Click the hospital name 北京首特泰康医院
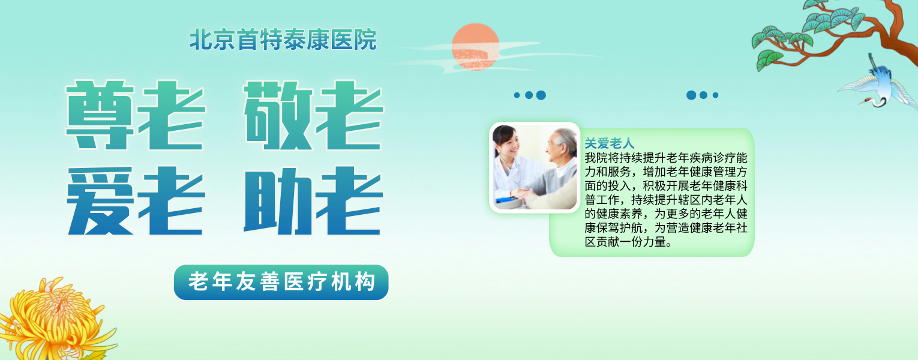(x=283, y=40)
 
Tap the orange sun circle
(x=475, y=47)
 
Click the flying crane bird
(x=881, y=84)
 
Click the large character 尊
(x=100, y=115)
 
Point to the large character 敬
(x=278, y=115)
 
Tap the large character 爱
(x=100, y=201)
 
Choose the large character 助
(x=278, y=201)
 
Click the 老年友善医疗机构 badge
(x=281, y=282)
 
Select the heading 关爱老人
(x=610, y=143)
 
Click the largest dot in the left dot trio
(x=541, y=95)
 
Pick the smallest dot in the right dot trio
(x=716, y=95)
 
